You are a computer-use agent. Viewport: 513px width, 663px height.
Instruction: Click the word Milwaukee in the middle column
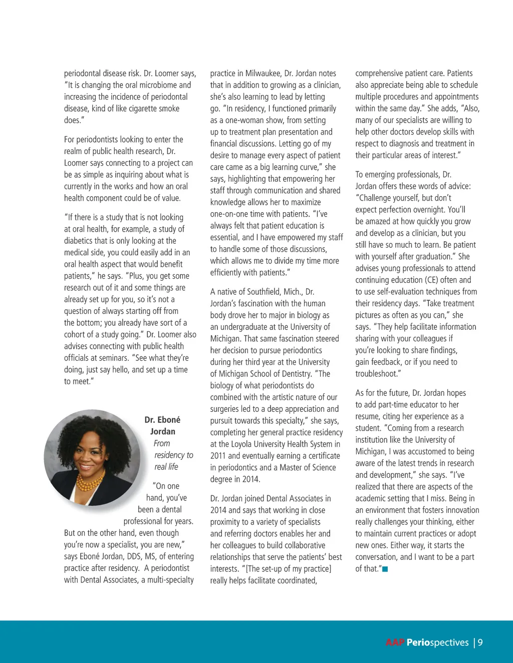263,74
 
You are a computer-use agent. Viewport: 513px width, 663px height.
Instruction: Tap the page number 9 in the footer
480,642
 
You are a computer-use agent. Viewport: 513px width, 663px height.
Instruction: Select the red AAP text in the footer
395,642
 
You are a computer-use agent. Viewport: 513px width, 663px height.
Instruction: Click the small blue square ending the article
385,569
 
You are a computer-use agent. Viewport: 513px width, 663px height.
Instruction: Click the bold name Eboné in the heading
169,420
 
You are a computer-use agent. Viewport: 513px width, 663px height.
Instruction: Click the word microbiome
157,85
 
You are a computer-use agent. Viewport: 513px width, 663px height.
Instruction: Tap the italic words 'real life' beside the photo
166,467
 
